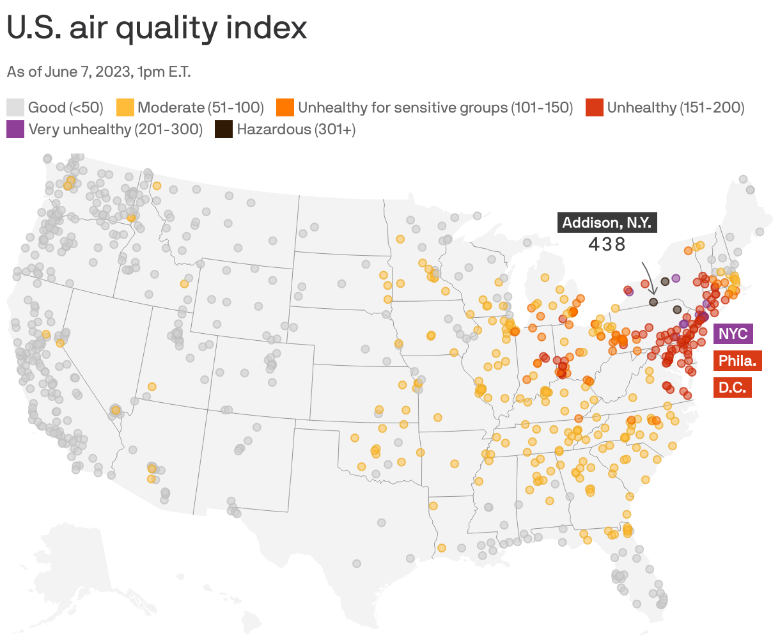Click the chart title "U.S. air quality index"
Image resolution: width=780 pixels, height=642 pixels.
157,28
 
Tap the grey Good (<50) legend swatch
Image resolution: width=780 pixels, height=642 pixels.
16,107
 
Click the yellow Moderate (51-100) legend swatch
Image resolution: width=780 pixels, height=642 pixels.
125,107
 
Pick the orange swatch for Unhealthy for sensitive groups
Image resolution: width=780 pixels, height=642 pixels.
285,107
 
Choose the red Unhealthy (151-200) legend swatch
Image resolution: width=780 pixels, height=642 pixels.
595,107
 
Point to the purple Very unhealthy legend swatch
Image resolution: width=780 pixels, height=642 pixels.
16,129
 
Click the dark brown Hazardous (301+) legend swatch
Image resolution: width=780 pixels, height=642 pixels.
224,129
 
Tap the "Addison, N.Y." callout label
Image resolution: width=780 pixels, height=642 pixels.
607,223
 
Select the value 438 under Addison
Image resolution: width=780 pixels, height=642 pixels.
607,244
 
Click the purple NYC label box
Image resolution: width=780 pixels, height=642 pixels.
733,334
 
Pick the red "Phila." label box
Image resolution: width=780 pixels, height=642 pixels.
737,361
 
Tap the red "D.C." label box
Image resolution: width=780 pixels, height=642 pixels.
732,388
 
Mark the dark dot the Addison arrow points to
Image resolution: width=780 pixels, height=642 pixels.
653,301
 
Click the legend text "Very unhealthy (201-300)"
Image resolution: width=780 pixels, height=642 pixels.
115,129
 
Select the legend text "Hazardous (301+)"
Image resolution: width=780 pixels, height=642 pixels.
296,129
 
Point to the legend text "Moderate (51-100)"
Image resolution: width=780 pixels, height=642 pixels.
201,107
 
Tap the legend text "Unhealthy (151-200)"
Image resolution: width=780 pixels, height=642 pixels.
676,107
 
